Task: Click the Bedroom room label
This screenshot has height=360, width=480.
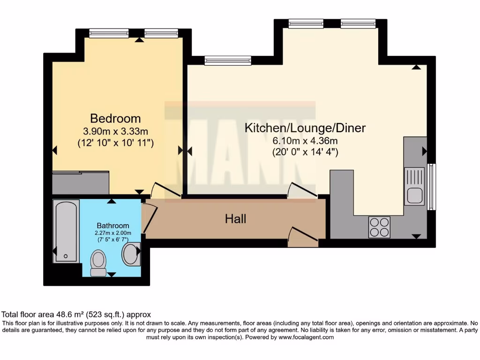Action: point(115,118)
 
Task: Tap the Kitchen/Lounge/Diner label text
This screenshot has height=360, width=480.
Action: point(305,127)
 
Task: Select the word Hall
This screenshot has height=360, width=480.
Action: point(235,218)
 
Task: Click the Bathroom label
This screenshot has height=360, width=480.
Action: point(112,225)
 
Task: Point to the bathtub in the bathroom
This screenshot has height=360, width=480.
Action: point(66,231)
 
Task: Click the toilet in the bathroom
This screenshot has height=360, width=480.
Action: point(98,262)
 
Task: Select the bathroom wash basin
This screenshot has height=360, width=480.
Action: point(131,254)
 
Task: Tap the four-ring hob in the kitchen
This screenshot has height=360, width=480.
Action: point(379,227)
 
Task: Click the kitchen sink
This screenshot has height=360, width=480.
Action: point(415,187)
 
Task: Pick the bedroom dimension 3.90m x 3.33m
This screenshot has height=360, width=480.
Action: point(115,131)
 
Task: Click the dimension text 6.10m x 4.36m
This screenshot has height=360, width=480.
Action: point(305,141)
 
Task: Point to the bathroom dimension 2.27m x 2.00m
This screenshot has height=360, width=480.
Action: point(112,233)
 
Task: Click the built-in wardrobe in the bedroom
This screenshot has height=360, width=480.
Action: point(80,183)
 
